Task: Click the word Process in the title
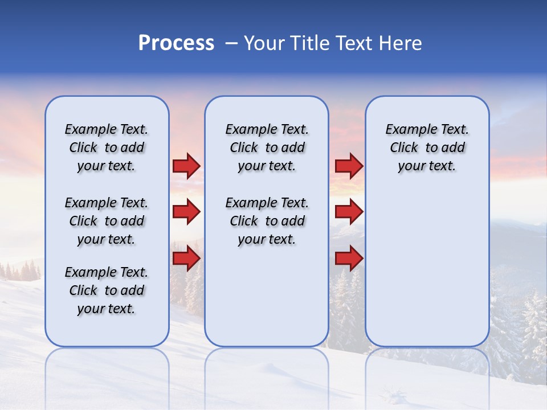pyautogui.click(x=176, y=43)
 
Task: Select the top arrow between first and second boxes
pyautogui.click(x=186, y=166)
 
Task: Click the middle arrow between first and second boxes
pyautogui.click(x=186, y=212)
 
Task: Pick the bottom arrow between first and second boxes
pyautogui.click(x=186, y=259)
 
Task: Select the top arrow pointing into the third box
pyautogui.click(x=349, y=166)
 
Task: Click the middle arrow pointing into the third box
pyautogui.click(x=349, y=212)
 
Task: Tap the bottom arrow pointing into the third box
pyautogui.click(x=349, y=259)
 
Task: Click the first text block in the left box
pyautogui.click(x=107, y=147)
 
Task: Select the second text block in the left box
pyautogui.click(x=107, y=221)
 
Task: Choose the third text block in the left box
pyautogui.click(x=107, y=290)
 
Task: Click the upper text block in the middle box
pyautogui.click(x=267, y=147)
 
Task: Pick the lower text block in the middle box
pyautogui.click(x=267, y=221)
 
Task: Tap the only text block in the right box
pyautogui.click(x=427, y=147)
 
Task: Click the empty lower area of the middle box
pyautogui.click(x=267, y=296)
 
